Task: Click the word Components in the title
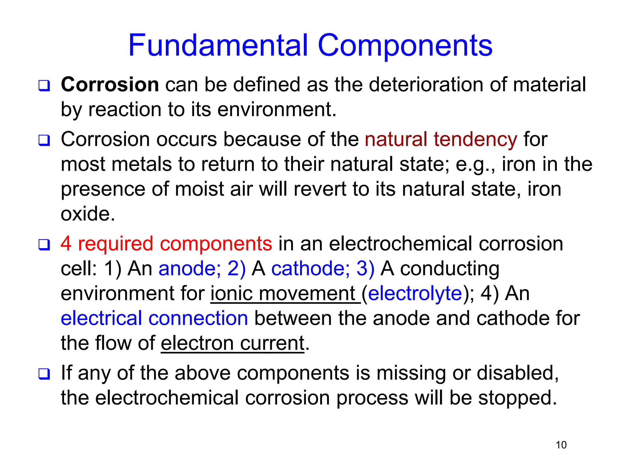pyautogui.click(x=405, y=46)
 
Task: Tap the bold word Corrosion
pyautogui.click(x=110, y=84)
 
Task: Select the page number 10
pyautogui.click(x=561, y=445)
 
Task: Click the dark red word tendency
pyautogui.click(x=475, y=140)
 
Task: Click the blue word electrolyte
pyautogui.click(x=415, y=294)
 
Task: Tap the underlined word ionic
pyautogui.click(x=232, y=294)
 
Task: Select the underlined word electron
pyautogui.click(x=197, y=343)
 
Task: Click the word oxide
pyautogui.click(x=88, y=214)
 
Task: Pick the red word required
pyautogui.click(x=116, y=244)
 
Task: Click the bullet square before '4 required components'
pyautogui.click(x=44, y=245)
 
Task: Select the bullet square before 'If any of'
pyautogui.click(x=44, y=374)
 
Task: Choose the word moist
pyautogui.click(x=198, y=189)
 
